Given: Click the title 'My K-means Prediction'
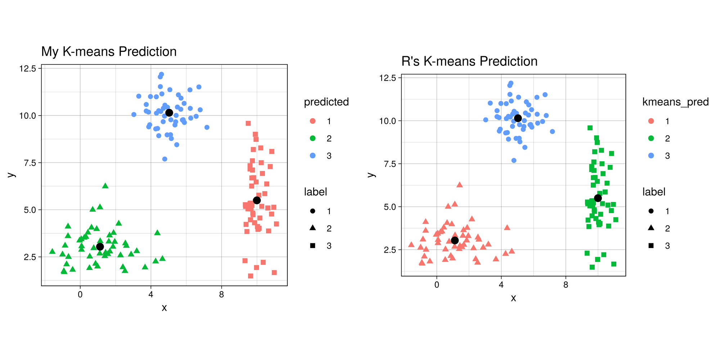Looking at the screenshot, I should [109, 51].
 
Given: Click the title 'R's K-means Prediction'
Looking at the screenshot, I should [469, 61].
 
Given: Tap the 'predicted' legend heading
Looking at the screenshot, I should [326, 102].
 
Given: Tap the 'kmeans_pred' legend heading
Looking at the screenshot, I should [675, 102].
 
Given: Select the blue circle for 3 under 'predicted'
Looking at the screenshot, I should [312, 156].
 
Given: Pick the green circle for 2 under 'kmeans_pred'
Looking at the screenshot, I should [651, 138].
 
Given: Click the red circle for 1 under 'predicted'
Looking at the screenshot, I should [312, 121].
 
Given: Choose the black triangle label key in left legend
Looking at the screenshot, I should [312, 228].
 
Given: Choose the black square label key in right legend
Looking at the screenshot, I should [651, 246].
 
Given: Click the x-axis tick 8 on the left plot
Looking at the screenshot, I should [221, 294].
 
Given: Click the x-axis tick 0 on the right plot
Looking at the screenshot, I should [437, 285].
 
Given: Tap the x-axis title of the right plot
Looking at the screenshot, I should [513, 298].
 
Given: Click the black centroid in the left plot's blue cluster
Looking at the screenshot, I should [169, 113].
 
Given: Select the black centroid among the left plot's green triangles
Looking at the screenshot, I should [100, 247].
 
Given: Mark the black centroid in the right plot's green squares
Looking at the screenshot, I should [598, 198].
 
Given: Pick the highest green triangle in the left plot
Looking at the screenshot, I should [105, 186].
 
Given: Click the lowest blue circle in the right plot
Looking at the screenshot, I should [514, 161].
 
